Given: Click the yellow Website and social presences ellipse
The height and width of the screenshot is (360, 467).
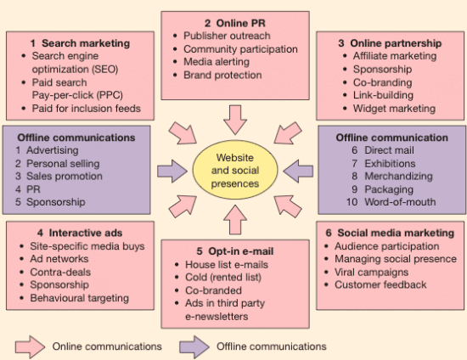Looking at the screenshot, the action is coord(235,170).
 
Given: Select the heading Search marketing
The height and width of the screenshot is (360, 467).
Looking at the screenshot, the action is coord(86,43).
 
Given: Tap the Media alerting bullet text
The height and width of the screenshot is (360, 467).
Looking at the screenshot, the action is coord(217,62).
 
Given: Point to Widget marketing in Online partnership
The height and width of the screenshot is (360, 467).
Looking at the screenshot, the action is coord(394,109).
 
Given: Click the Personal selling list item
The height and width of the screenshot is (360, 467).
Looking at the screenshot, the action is coord(63,164).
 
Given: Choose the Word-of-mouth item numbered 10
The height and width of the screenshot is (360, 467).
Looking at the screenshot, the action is coord(400,202).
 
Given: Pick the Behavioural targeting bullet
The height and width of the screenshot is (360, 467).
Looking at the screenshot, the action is coord(80,298).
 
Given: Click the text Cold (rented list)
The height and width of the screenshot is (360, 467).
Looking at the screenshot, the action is coord(223,278).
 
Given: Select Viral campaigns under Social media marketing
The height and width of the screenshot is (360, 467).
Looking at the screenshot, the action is coord(371,273).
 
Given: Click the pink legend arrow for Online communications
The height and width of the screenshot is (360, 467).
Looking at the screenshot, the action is coord(30,347).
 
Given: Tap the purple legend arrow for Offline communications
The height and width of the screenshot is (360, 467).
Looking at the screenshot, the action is coord(194,347).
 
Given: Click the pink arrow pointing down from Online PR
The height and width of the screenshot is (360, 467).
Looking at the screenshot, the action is coord(235,120).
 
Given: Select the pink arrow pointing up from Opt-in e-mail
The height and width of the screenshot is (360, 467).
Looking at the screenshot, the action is coord(235,220).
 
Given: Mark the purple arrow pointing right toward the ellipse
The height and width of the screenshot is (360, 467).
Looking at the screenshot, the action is coord(172,172).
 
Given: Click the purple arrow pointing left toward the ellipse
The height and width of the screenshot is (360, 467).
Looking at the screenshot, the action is coord(298,172).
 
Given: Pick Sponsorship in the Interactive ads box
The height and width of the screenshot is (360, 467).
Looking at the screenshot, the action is coord(59,285).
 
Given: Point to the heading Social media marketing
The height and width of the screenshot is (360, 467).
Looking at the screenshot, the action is coord(396,233).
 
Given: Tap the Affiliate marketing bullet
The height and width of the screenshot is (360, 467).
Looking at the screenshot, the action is coord(395,56).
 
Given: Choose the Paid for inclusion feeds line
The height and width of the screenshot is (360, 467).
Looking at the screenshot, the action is coord(86,109).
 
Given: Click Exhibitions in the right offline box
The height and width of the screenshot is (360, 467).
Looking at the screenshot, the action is coord(390,164).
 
